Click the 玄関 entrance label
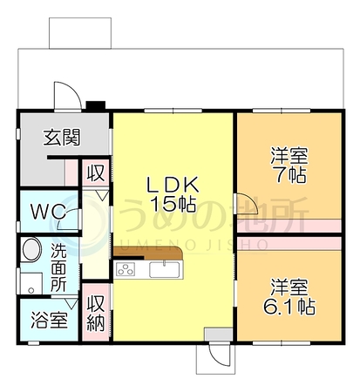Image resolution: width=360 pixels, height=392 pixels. tap(62, 138)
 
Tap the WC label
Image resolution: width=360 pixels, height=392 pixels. tap(49, 212)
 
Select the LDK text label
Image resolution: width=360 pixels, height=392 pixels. tap(173, 185)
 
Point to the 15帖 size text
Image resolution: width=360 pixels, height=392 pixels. tap(173, 204)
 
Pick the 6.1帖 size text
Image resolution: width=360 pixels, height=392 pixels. tap(289, 306)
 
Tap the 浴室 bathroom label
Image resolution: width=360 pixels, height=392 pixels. tap(50, 320)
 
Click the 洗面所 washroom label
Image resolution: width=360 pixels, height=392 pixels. tap(58, 267)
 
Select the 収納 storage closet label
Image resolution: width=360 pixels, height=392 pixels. tap(96, 314)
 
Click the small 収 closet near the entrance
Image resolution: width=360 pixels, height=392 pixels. tap(96, 173)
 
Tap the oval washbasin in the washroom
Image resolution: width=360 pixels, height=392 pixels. tap(32, 249)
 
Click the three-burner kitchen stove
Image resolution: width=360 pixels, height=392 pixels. tap(126, 269)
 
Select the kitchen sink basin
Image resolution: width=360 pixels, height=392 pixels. tap(165, 269)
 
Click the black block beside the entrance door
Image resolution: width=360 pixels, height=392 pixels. tap(95, 105)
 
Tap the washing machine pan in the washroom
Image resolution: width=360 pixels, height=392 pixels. tap(31, 283)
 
